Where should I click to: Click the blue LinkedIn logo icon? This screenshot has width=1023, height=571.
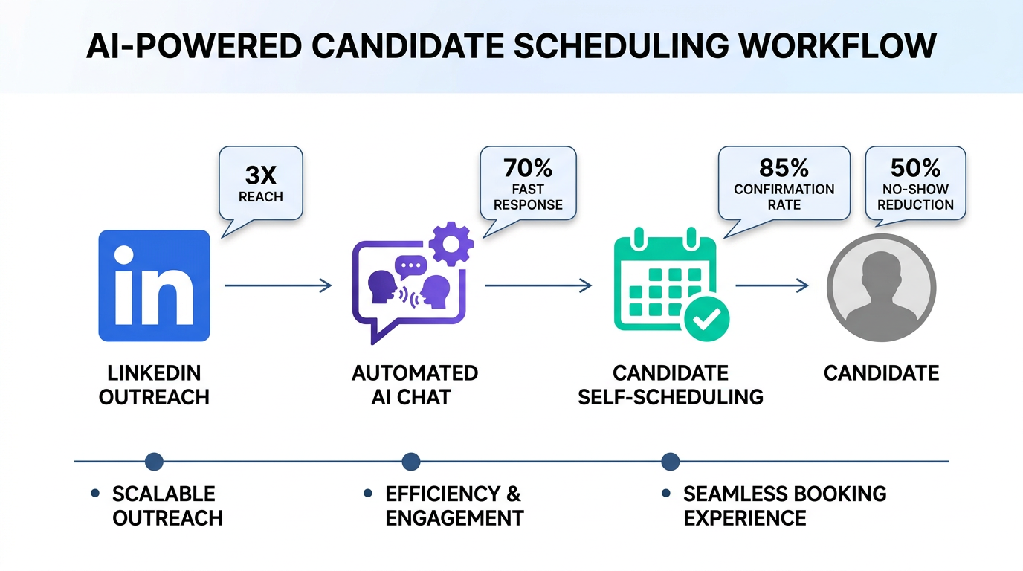point(154,285)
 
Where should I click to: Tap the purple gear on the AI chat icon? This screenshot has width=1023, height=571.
point(451,243)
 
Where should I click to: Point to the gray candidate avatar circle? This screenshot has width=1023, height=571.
point(881,287)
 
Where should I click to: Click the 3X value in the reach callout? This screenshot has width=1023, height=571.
point(260,175)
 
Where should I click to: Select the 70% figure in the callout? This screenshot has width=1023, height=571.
point(528,168)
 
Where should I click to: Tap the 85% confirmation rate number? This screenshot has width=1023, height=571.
point(784,167)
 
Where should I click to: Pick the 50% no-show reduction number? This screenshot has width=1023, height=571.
point(915,167)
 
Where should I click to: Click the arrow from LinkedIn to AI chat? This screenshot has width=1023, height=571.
point(278,285)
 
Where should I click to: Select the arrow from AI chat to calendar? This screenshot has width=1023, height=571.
point(538,285)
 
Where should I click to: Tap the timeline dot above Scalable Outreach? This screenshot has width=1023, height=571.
point(154,462)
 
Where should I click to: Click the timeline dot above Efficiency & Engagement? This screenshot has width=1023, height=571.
point(410,462)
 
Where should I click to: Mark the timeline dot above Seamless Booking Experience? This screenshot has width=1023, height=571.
point(670,462)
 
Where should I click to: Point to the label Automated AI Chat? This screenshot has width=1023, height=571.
point(414,384)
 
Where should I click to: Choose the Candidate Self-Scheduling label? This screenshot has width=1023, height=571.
point(671,384)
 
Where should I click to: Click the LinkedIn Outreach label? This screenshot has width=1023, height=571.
point(154,384)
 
